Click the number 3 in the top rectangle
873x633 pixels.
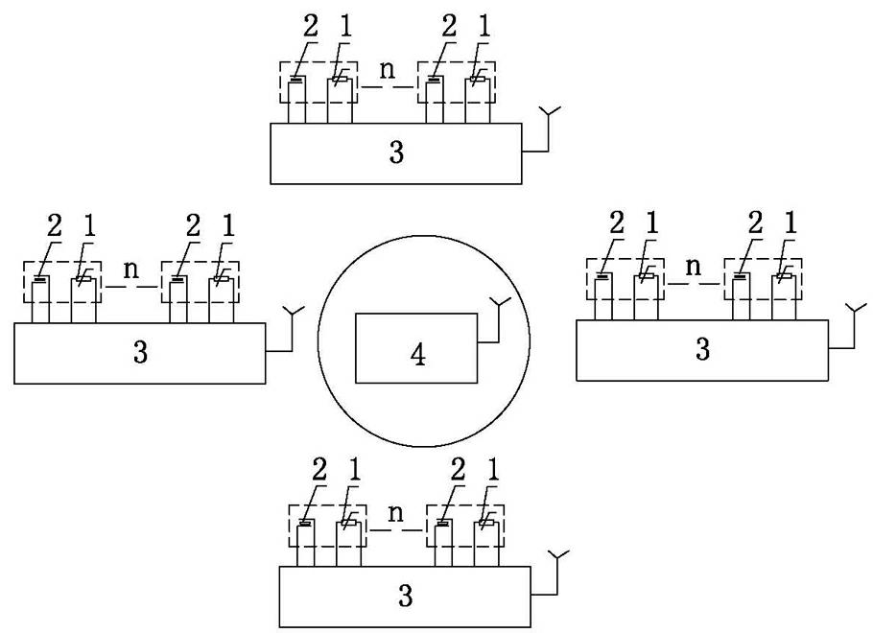coord(397,153)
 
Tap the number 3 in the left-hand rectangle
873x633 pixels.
coord(140,352)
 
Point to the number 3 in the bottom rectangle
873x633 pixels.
coord(406,596)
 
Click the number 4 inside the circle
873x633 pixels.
coord(417,355)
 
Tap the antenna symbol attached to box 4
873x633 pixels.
coord(498,307)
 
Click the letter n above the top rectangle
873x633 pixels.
coord(388,70)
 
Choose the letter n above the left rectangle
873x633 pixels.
coord(130,270)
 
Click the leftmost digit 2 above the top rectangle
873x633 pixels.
coord(310,27)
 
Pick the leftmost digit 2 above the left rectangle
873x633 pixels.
coord(54,226)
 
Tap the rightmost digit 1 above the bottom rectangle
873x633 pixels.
coord(493,470)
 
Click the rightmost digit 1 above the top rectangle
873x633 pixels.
coord(484,27)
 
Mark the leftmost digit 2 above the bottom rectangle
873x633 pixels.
coord(319,470)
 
